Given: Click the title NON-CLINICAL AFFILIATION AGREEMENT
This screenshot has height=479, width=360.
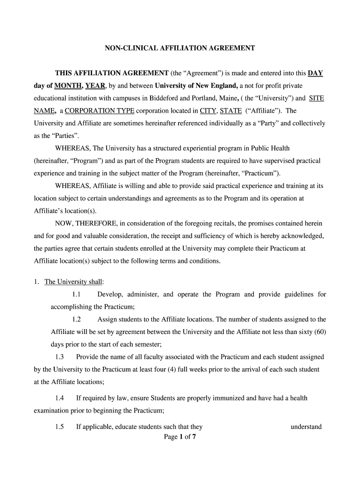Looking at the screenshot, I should (x=180, y=48).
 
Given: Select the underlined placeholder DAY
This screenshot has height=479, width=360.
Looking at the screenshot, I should (x=315, y=73).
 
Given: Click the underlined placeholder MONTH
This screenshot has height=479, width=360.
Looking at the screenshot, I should (x=68, y=86).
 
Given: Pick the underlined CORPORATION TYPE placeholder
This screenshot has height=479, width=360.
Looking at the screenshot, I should (x=100, y=111).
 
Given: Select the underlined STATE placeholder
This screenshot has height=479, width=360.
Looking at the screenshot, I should (x=230, y=111).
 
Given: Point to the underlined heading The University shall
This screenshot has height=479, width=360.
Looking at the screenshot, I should (x=73, y=282).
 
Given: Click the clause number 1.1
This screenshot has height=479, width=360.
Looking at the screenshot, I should (x=77, y=294).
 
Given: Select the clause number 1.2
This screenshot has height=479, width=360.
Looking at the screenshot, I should (x=77, y=319).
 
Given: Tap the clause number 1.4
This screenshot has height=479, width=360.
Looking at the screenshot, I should (x=59, y=398).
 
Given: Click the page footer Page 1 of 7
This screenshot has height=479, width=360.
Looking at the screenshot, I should (x=180, y=437).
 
